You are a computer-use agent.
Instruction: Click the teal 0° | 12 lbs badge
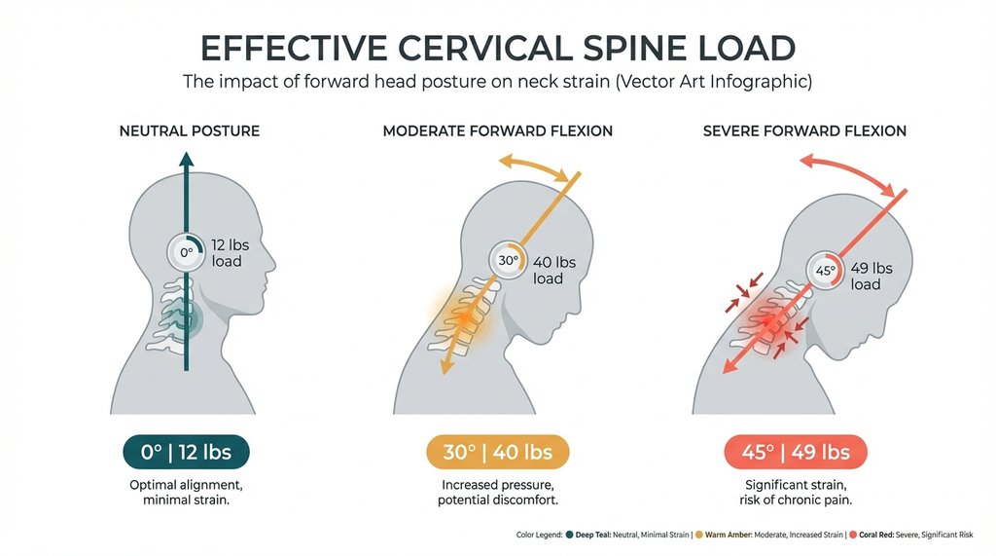(186, 452)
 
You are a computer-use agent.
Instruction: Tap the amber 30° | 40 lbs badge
(497, 452)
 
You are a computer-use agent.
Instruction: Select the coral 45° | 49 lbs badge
(796, 452)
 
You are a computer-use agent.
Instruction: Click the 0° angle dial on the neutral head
(185, 253)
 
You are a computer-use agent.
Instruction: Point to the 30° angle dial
(508, 260)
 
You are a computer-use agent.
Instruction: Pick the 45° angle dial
(825, 271)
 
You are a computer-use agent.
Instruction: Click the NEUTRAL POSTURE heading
(189, 130)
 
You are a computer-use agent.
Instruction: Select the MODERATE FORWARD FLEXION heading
(497, 130)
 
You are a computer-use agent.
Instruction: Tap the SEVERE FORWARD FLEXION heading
(804, 130)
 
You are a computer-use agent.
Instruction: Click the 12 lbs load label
(227, 253)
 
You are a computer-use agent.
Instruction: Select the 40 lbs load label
(554, 270)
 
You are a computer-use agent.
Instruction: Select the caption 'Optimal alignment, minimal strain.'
(186, 492)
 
